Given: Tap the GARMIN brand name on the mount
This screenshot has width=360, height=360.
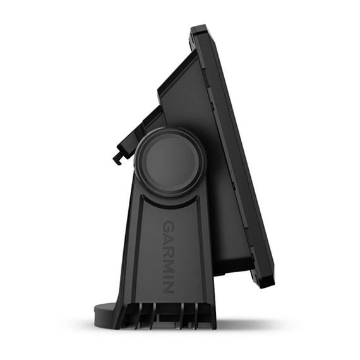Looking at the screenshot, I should point(168,256).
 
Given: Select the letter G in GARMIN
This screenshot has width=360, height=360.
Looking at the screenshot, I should point(169,225).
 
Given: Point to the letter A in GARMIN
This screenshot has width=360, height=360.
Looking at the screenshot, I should point(169,237).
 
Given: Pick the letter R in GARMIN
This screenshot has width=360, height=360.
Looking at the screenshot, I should point(169,249).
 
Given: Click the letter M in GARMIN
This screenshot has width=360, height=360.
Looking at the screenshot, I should point(169,263).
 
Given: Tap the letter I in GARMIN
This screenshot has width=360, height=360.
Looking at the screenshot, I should point(169,273).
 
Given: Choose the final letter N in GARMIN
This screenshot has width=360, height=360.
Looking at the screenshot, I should point(169,285).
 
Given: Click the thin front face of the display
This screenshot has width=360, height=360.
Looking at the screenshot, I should point(243,158).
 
